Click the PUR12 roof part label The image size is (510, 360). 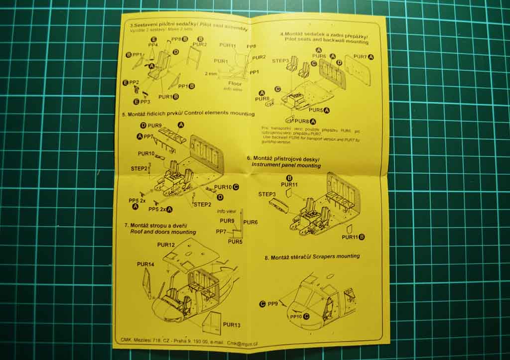click(x=166, y=245)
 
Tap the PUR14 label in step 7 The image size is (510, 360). click(x=146, y=264)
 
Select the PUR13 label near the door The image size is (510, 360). click(x=232, y=325)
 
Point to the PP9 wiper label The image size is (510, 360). click(x=272, y=303)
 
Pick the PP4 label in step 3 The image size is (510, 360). click(x=153, y=45)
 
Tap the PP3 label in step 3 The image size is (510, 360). click(x=145, y=102)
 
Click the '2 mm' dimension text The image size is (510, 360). click(x=211, y=73)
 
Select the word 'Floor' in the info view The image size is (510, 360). click(x=235, y=84)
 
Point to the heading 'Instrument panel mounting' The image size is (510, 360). click(x=286, y=165)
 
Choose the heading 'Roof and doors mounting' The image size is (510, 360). click(x=163, y=232)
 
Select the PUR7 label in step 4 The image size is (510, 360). click(x=360, y=57)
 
